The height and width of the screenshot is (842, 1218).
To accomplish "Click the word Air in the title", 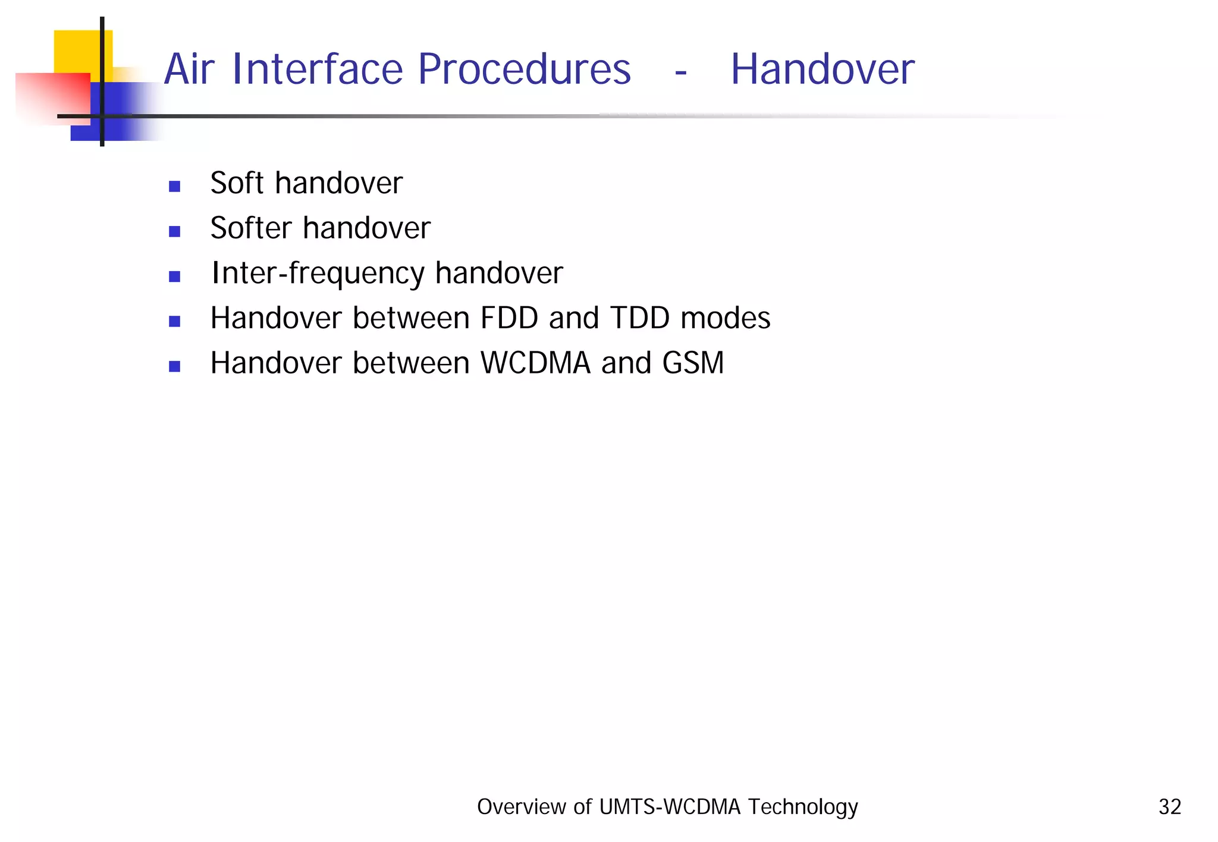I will click(189, 70).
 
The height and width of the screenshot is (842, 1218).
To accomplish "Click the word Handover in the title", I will click(822, 70).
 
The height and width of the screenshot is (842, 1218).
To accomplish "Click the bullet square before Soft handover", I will click(174, 186).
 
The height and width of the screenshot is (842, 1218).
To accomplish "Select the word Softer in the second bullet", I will click(251, 228).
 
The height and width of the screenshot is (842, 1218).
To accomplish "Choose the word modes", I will click(725, 318).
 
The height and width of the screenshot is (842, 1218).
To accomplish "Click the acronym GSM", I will click(693, 363).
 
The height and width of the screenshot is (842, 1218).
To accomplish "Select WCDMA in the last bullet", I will click(535, 363).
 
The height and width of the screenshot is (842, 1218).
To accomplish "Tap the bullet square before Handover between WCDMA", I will click(174, 366).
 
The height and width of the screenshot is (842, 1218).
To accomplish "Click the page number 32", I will click(1169, 807).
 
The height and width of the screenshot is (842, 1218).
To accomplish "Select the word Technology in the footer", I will click(802, 807).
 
